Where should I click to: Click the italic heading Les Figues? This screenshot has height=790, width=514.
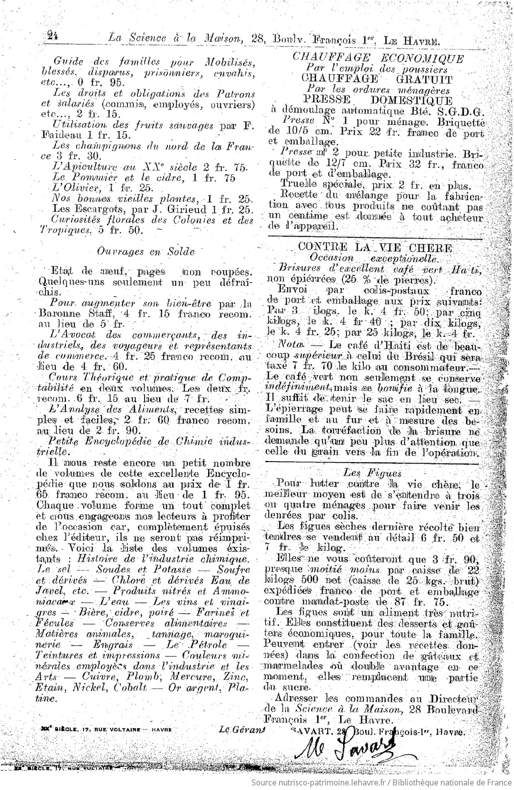coord(372,472)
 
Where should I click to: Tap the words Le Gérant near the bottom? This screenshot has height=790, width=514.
coord(242,729)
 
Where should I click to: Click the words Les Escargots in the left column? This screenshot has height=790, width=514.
coord(79,208)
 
